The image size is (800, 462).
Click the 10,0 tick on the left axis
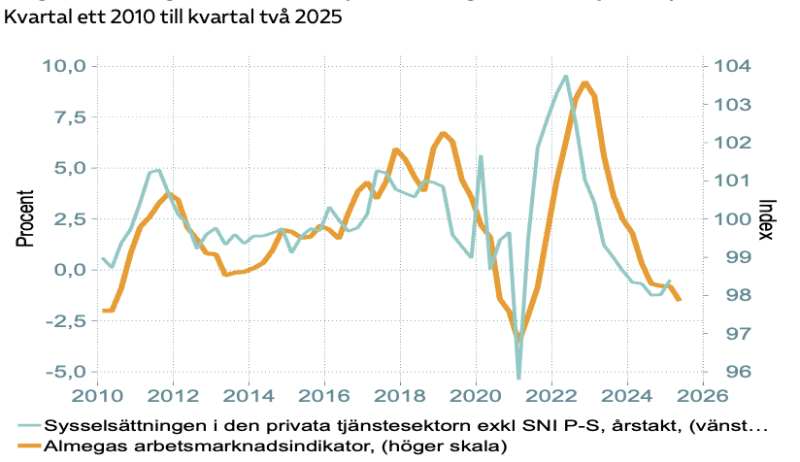pyautogui.click(x=65, y=66)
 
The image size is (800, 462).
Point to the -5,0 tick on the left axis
pyautogui.click(x=65, y=372)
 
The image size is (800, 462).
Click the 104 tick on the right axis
pyautogui.click(x=733, y=66)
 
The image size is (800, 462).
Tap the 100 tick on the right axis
pyautogui.click(x=733, y=219)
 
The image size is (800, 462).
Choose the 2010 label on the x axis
pyautogui.click(x=97, y=396)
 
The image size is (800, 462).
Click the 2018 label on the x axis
pyautogui.click(x=400, y=396)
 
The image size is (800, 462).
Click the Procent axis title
pyautogui.click(x=26, y=218)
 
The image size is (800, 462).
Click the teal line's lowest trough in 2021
pyautogui.click(x=518, y=377)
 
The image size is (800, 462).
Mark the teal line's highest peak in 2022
pyautogui.click(x=566, y=76)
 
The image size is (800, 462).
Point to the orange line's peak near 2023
pyautogui.click(x=584, y=83)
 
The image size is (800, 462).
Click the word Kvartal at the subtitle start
pyautogui.click(x=38, y=17)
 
